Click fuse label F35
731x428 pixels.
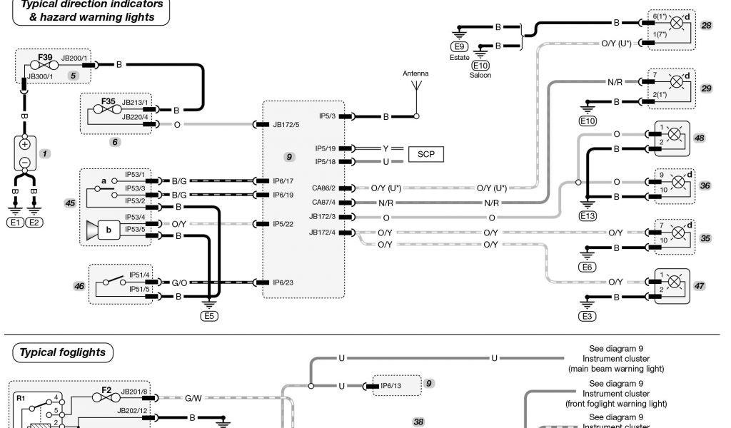(x=108, y=102)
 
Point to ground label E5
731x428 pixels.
(x=208, y=317)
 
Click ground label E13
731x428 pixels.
(x=588, y=216)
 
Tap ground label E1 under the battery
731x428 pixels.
(x=14, y=223)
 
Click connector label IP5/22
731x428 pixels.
(x=283, y=223)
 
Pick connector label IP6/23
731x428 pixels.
(x=283, y=282)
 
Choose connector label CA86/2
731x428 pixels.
(x=323, y=188)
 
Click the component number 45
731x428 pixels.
(x=70, y=203)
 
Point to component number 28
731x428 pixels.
(x=707, y=26)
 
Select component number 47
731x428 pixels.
(x=700, y=285)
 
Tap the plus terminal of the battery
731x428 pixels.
(x=25, y=144)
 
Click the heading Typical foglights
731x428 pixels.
(x=62, y=352)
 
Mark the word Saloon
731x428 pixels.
(x=480, y=75)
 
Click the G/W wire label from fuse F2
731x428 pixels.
(x=193, y=398)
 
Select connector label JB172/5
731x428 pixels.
(x=286, y=124)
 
